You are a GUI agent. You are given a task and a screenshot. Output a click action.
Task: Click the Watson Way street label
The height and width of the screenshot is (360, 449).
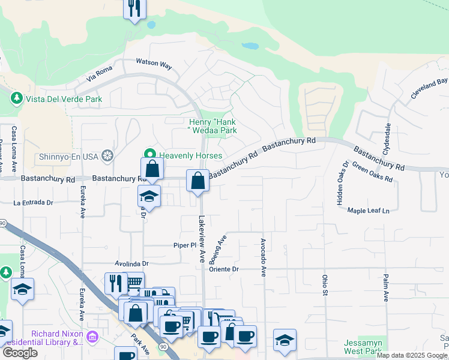(x=154, y=62)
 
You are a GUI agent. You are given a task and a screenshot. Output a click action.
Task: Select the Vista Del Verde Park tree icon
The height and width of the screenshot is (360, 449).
(x=17, y=98)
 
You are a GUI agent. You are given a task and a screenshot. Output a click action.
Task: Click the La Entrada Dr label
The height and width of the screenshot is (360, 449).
(x=29, y=203)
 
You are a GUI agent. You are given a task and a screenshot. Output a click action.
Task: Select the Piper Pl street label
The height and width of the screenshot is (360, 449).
(x=185, y=245)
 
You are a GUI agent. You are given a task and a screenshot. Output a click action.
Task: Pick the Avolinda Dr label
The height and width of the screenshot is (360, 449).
(x=131, y=263)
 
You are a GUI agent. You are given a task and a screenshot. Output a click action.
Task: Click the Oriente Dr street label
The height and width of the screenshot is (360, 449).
(x=224, y=269)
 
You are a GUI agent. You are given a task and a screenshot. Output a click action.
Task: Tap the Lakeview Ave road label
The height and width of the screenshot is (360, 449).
(x=202, y=239)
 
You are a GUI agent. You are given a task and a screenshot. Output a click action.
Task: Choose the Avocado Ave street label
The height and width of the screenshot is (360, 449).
(x=263, y=257)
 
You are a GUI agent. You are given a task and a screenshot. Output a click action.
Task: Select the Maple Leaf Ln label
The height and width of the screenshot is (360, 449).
(x=368, y=211)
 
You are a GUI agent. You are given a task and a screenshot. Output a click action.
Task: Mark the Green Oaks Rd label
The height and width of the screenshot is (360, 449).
(x=372, y=172)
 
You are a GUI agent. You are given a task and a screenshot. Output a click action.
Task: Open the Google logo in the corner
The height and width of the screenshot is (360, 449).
(x=20, y=353)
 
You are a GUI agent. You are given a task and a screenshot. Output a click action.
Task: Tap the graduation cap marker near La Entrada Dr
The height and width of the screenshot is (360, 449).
(x=149, y=196)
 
